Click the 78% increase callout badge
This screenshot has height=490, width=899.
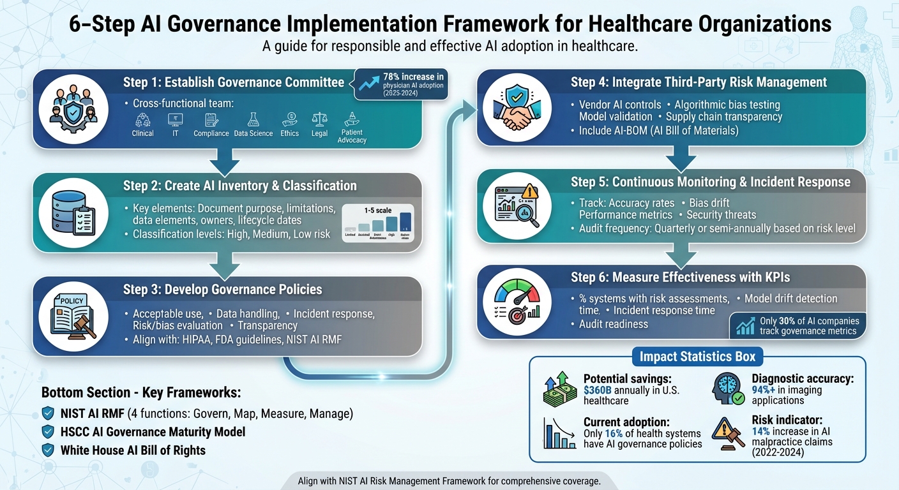click(x=402, y=85)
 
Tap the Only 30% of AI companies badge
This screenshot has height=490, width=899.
click(x=798, y=325)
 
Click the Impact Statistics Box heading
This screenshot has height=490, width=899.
click(x=697, y=357)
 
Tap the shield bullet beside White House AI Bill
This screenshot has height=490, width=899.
click(x=48, y=450)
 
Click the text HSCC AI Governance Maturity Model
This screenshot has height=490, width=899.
click(x=153, y=432)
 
